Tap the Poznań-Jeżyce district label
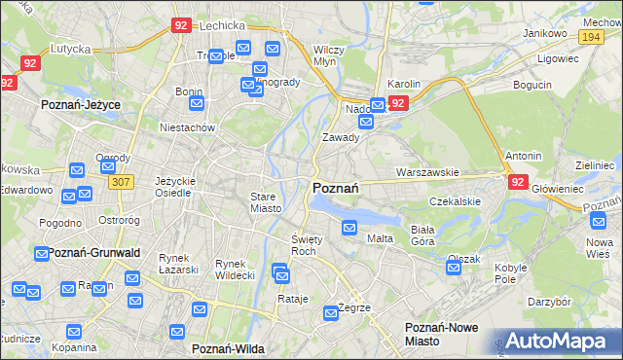tap(78, 102)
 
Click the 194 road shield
tap(588, 35)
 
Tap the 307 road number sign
tap(121, 182)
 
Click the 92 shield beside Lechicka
tap(180, 26)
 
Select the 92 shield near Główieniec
tap(517, 181)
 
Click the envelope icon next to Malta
tap(349, 228)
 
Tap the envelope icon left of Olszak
tap(453, 267)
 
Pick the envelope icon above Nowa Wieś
tap(598, 221)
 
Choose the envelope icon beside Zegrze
tap(328, 314)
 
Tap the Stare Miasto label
tap(264, 201)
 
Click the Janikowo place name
tap(545, 32)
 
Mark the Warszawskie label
tap(427, 172)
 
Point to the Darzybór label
tap(549, 302)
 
